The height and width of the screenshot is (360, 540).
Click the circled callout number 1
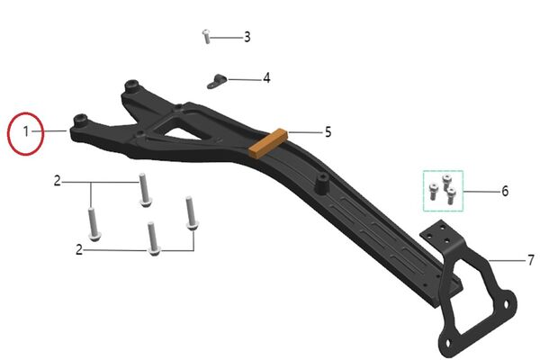tap(26, 131)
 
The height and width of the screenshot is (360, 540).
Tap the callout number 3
tap(247, 37)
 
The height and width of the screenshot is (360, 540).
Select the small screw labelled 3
tap(206, 37)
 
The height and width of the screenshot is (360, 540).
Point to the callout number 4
tap(266, 78)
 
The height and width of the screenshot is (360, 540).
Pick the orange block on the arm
tap(268, 143)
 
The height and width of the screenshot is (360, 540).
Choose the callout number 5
tap(328, 132)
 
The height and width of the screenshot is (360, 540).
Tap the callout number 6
tap(505, 191)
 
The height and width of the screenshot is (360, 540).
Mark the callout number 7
tap(531, 260)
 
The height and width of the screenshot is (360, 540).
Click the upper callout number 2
tap(58, 181)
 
